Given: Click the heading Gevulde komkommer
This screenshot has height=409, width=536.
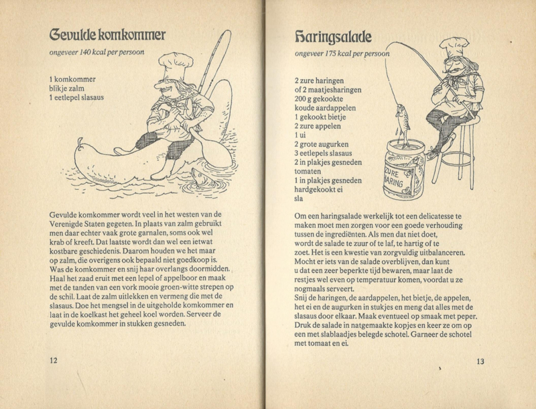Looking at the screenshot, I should pyautogui.click(x=107, y=34).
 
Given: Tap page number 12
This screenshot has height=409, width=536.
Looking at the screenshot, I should pyautogui.click(x=53, y=360).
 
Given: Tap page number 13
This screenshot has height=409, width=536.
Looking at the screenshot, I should pyautogui.click(x=480, y=362).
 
